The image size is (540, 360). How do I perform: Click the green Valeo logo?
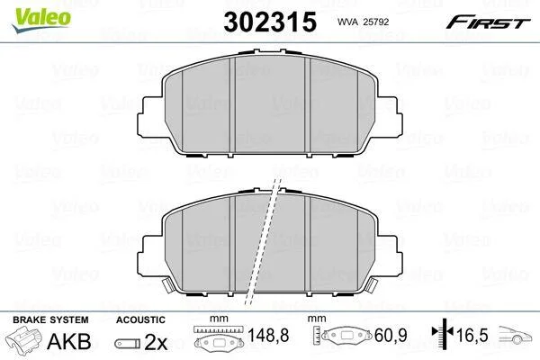[41, 19]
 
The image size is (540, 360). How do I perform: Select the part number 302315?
[270, 22]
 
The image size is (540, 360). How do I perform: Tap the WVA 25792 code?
[363, 22]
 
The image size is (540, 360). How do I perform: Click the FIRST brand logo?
[488, 22]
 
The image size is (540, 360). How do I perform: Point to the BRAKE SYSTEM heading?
[50, 319]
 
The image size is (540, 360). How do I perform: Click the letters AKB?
[69, 341]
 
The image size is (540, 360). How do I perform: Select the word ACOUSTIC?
[140, 320]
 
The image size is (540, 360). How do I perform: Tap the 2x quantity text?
[156, 342]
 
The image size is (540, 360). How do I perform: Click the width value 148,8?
[268, 335]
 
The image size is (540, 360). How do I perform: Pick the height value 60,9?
[391, 335]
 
